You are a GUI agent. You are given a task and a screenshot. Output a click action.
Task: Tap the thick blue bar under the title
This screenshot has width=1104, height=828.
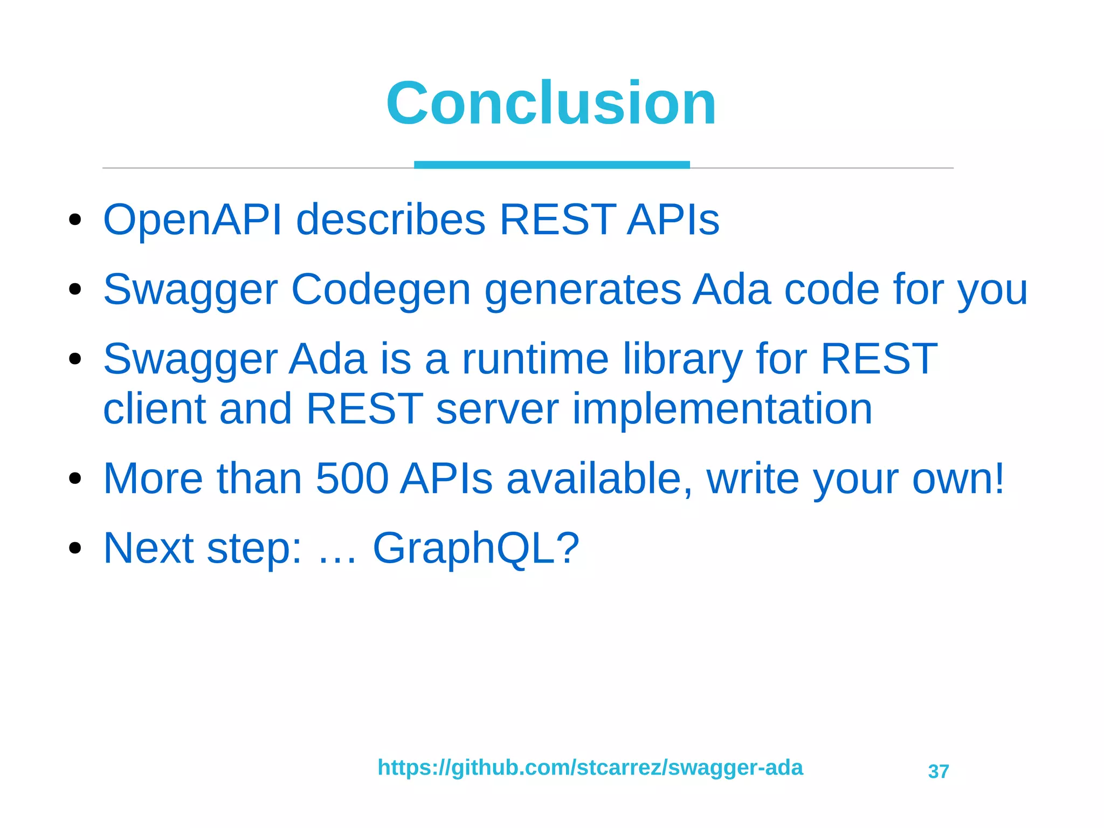pos(551,165)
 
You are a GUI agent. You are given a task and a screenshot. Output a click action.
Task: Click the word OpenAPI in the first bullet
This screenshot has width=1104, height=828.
pos(192,220)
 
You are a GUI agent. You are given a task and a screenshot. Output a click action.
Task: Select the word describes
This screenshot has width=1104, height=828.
pos(391,220)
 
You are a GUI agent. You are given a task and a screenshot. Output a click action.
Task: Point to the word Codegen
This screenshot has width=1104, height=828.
pos(381,290)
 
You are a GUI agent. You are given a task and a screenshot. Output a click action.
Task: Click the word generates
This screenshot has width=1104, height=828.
pos(583,290)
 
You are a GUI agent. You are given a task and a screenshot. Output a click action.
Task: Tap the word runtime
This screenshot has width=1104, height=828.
pos(535,359)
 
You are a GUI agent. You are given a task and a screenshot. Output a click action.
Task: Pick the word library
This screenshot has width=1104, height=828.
pos(682,359)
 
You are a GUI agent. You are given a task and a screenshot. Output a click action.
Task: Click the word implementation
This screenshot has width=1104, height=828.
pos(722,409)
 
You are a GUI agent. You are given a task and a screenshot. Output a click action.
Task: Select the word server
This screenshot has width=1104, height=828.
pos(496,409)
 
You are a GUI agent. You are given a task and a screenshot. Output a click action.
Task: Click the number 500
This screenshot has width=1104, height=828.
pos(351,478)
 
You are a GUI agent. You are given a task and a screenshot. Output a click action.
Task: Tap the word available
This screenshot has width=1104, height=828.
pos(599,478)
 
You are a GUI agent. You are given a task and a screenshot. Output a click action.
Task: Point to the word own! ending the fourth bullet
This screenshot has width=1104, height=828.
pos(958,478)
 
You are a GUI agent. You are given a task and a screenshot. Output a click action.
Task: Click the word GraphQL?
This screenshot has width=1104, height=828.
pos(475,548)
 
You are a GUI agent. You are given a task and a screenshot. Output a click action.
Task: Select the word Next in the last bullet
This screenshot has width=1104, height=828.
pos(148,548)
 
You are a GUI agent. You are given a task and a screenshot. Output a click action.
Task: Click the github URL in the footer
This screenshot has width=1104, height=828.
pos(590,768)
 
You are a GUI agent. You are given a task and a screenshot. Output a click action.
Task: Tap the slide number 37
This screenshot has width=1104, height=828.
pos(938,771)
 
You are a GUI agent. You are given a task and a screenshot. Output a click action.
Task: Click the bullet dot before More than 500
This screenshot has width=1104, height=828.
pos(75,478)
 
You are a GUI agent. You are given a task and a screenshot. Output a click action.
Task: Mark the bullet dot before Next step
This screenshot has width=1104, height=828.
pos(75,548)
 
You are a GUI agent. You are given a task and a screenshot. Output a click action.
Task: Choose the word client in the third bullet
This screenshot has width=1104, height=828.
pos(154,409)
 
